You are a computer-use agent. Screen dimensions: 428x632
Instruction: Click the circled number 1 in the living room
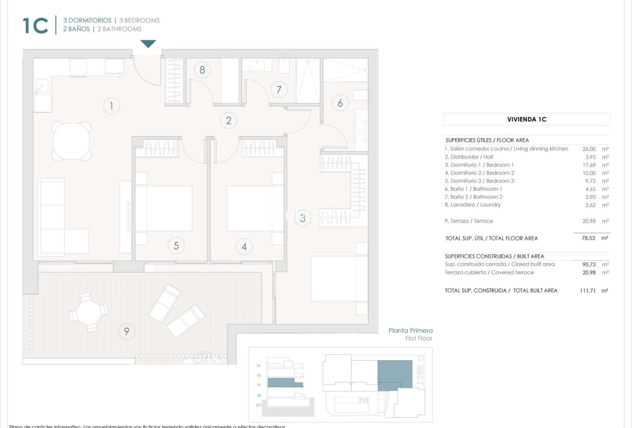tap(112, 106)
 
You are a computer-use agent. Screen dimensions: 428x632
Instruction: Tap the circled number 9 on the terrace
tap(126, 331)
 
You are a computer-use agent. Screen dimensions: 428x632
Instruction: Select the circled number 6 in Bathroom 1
tap(340, 102)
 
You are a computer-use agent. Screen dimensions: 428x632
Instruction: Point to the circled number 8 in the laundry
tap(202, 70)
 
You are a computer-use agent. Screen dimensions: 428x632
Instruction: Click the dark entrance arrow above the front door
tap(148, 44)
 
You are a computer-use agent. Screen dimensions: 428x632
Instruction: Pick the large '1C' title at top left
tap(35, 26)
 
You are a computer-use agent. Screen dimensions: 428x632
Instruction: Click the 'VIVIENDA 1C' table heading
tap(527, 120)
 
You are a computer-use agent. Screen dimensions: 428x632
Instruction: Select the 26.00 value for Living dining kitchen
tap(589, 149)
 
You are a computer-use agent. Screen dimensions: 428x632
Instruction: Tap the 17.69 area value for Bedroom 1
tap(589, 165)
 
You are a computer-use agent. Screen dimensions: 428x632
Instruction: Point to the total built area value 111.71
tap(587, 290)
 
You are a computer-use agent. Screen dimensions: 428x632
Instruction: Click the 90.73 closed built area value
tap(588, 264)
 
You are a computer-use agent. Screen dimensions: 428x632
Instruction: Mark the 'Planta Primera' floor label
tap(410, 330)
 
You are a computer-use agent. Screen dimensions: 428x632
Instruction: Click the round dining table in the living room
tap(71, 141)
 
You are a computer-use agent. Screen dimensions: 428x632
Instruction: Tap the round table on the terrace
tap(89, 312)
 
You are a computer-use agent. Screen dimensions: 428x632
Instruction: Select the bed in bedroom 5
tap(165, 209)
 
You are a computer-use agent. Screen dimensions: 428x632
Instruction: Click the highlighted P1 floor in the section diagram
tap(285, 383)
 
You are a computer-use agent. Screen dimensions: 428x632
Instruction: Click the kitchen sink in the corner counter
tap(42, 87)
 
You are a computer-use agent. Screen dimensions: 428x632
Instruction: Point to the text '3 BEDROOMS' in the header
tap(139, 21)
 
